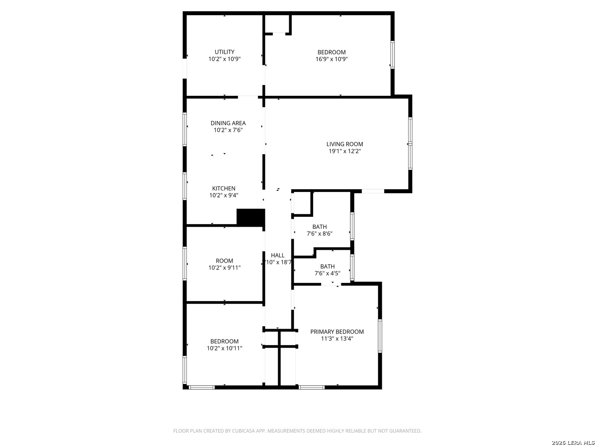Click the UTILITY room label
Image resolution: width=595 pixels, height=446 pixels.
[x=224, y=52]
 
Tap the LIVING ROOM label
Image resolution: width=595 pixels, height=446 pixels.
[x=345, y=144]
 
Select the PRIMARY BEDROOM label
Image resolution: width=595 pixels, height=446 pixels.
[x=337, y=332]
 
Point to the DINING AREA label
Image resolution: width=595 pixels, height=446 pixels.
[x=228, y=123]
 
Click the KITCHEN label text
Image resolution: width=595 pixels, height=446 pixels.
[x=224, y=188]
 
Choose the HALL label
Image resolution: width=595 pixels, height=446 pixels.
[x=278, y=255]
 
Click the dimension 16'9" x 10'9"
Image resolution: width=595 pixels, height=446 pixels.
[x=331, y=59]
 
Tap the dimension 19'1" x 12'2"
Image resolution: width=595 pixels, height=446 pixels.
[x=345, y=151]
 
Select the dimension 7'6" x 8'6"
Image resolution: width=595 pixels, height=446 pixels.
[x=319, y=234]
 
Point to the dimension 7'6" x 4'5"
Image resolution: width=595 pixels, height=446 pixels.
[x=327, y=273]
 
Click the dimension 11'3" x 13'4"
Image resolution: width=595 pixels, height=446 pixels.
[x=337, y=339]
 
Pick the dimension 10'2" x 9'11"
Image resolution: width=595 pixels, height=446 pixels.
[x=224, y=268]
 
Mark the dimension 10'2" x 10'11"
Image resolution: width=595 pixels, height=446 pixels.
[x=224, y=348]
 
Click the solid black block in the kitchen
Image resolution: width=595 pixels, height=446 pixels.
[x=251, y=217]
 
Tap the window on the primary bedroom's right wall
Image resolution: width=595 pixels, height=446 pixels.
[x=380, y=336]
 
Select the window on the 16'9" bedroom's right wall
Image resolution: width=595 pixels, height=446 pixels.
[x=392, y=55]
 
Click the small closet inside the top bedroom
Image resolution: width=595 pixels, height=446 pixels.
[x=277, y=24]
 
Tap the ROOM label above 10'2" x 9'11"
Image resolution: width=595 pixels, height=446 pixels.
[x=224, y=261]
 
